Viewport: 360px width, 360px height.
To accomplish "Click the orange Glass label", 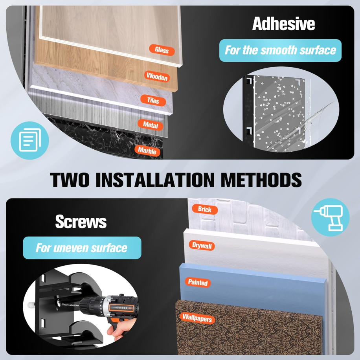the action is point(162,50).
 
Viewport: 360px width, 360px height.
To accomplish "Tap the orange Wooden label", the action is point(157,76).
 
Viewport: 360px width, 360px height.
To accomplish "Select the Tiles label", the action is point(153,100).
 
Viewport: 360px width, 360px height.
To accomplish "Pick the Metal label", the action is point(151,125).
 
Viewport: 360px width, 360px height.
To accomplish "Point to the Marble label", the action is point(147,151).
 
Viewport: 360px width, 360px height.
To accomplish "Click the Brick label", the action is point(205,209).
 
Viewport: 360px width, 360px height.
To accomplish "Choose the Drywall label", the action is point(202,245).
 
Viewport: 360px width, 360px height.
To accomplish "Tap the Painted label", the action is point(198,282).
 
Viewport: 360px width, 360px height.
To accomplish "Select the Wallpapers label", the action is point(197,318).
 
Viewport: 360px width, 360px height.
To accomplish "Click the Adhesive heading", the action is point(283,24).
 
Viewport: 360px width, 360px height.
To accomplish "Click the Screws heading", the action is point(81,222).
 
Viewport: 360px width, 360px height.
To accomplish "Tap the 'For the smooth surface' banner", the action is point(280,50).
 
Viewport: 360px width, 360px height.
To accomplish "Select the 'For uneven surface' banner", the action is point(82,248).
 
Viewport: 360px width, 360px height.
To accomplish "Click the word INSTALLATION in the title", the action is point(155,180).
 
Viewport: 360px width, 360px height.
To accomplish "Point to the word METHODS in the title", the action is point(261,180).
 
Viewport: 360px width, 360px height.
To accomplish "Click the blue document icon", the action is point(29,140).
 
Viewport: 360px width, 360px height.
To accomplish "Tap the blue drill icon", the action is point(330,217).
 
